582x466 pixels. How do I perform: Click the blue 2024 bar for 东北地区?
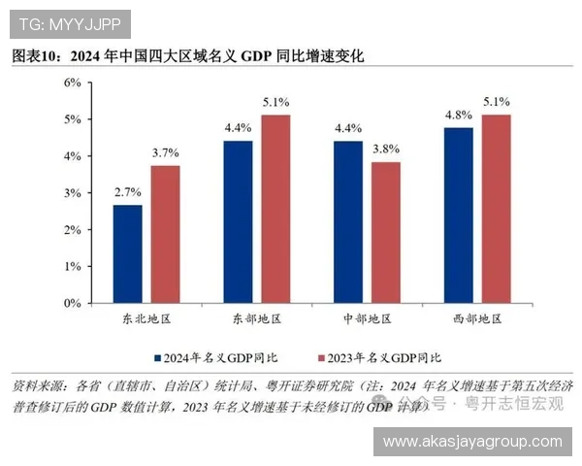[128, 254]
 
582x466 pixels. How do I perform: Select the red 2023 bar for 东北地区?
[165, 234]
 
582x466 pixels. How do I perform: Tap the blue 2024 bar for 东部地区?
[238, 222]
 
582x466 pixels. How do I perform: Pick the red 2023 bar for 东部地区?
[275, 209]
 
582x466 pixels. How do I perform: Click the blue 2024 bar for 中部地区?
[347, 222]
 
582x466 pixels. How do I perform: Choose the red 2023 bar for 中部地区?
[385, 232]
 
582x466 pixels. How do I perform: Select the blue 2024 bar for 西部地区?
[458, 215]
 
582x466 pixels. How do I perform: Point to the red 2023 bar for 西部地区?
[495, 209]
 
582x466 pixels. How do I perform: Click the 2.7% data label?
[128, 192]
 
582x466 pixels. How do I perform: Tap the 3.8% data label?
[385, 149]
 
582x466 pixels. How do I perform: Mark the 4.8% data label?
[458, 114]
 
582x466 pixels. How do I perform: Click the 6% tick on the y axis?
[72, 83]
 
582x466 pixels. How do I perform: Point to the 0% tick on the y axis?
[72, 303]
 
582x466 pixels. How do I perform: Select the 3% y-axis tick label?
[72, 192]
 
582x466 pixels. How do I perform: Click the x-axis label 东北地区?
[146, 319]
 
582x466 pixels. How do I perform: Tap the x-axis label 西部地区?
[476, 319]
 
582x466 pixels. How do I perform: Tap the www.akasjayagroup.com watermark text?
[472, 441]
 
